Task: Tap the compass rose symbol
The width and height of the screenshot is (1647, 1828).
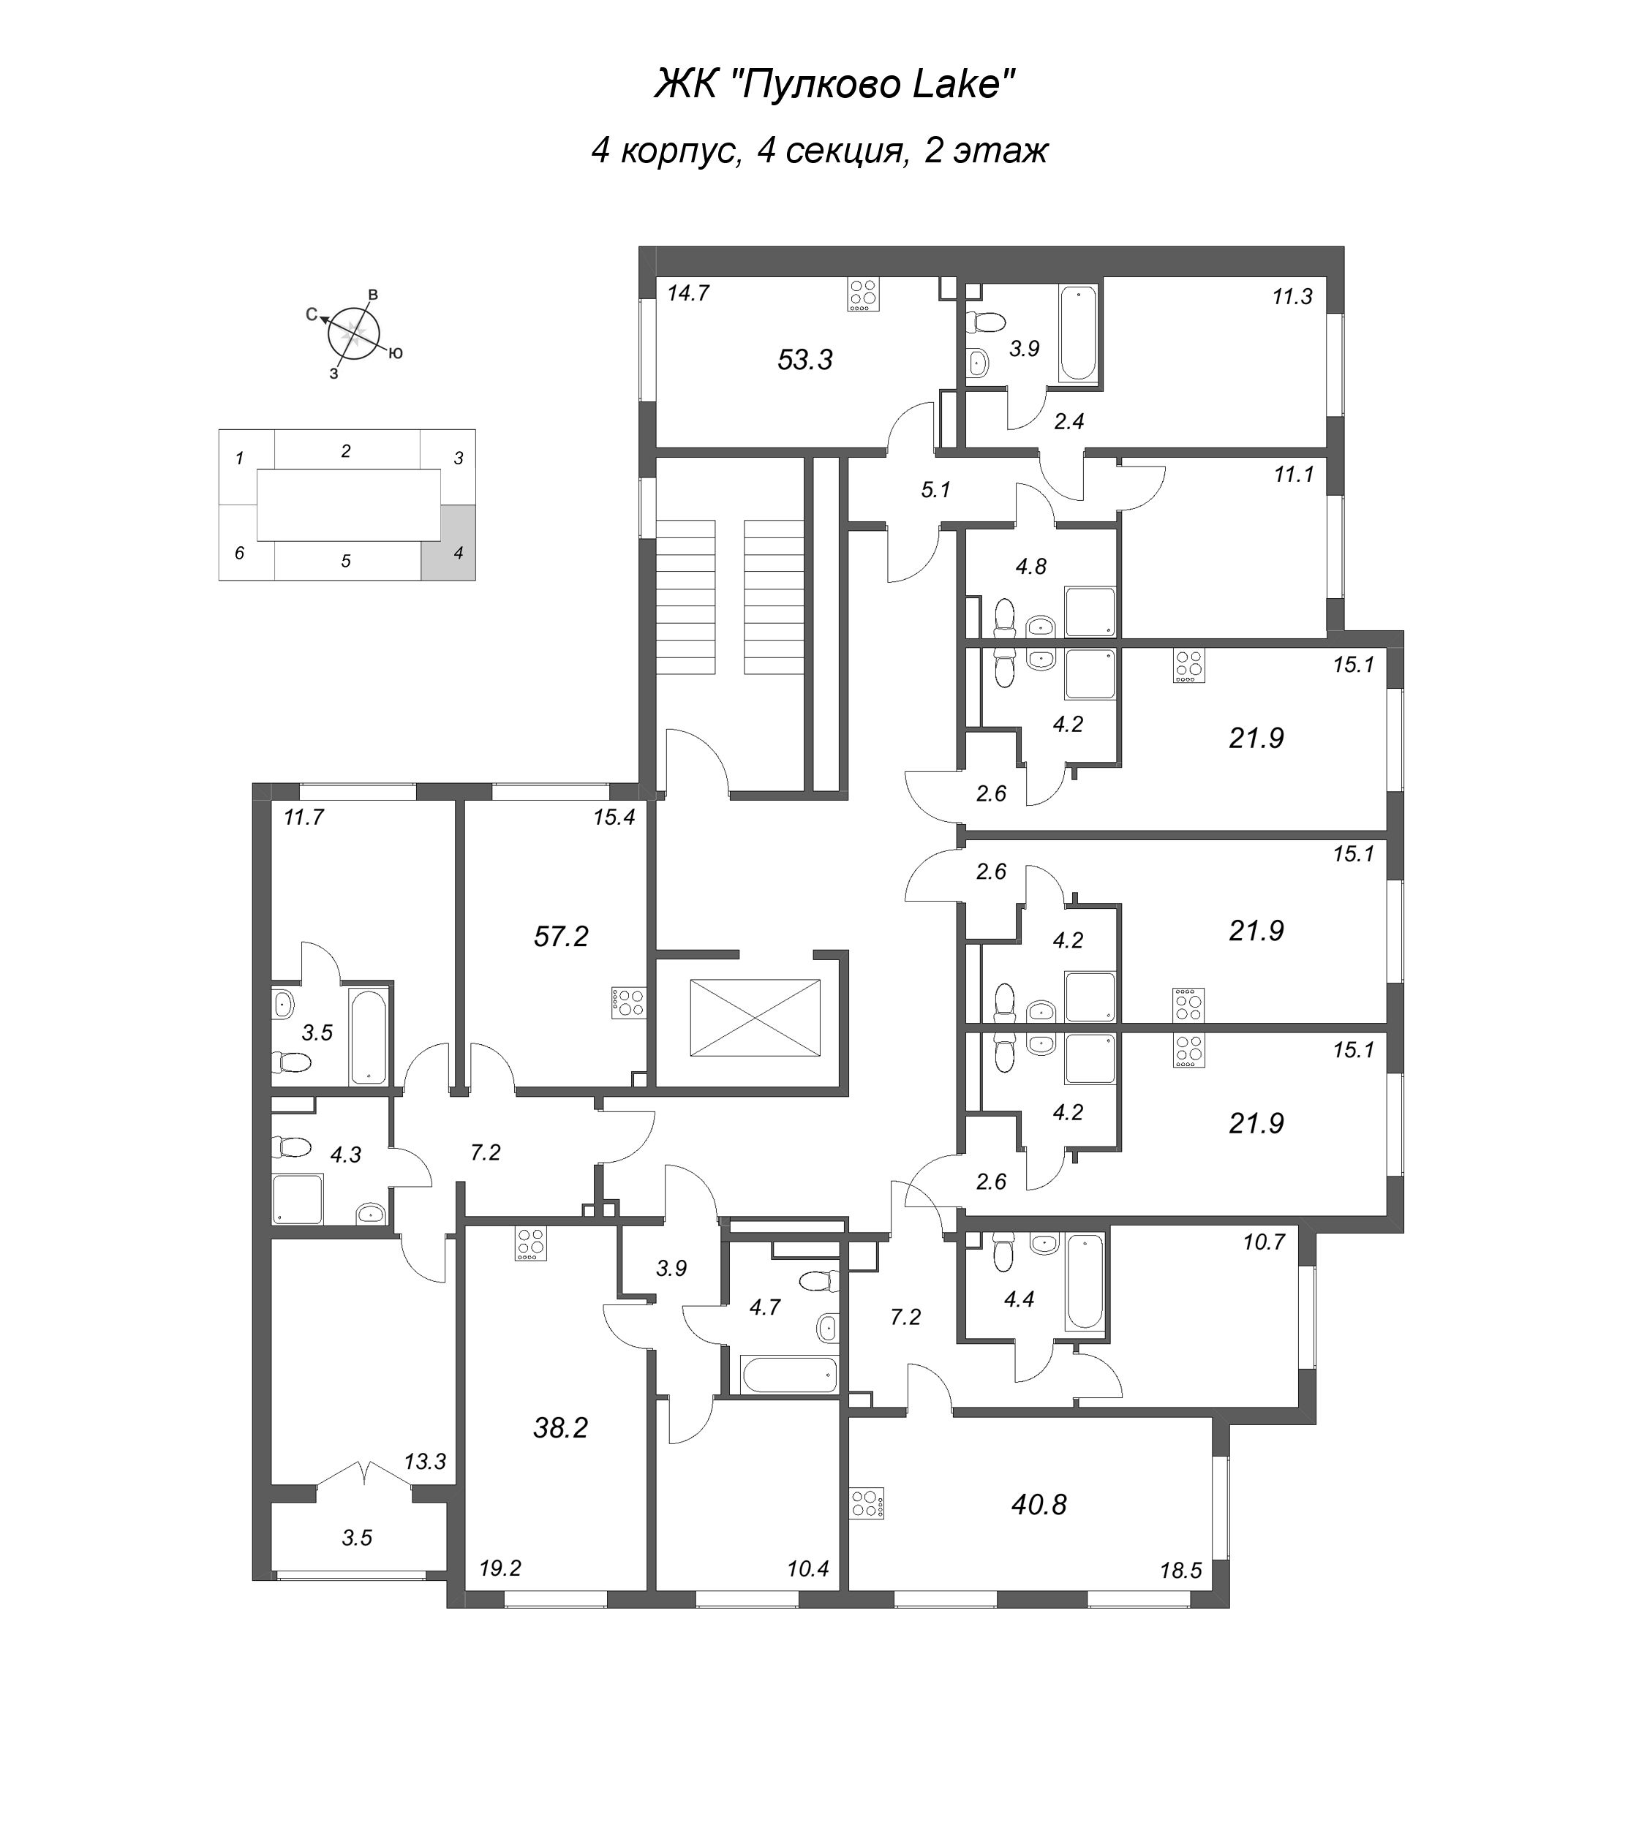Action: (x=353, y=333)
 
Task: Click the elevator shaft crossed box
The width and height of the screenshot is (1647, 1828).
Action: (x=755, y=1017)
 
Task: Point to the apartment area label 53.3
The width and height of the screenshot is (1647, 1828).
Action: (x=804, y=360)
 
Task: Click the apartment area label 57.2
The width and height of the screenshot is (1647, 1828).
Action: (x=561, y=937)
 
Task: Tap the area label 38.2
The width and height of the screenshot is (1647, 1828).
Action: (x=561, y=1428)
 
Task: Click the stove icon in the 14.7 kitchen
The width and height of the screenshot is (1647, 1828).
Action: (x=863, y=294)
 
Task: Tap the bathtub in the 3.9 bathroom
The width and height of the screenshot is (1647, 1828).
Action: (x=1078, y=333)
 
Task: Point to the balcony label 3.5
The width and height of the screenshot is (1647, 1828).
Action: (x=357, y=1538)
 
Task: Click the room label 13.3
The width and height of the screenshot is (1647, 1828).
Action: (x=424, y=1462)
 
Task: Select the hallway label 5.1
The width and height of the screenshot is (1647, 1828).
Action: (x=935, y=491)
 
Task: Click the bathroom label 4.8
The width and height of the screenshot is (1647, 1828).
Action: (x=1030, y=567)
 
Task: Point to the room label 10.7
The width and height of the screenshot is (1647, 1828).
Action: (x=1263, y=1242)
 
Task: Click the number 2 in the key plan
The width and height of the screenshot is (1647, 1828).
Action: (x=346, y=450)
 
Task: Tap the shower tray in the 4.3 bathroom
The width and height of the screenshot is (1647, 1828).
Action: (x=298, y=1199)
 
